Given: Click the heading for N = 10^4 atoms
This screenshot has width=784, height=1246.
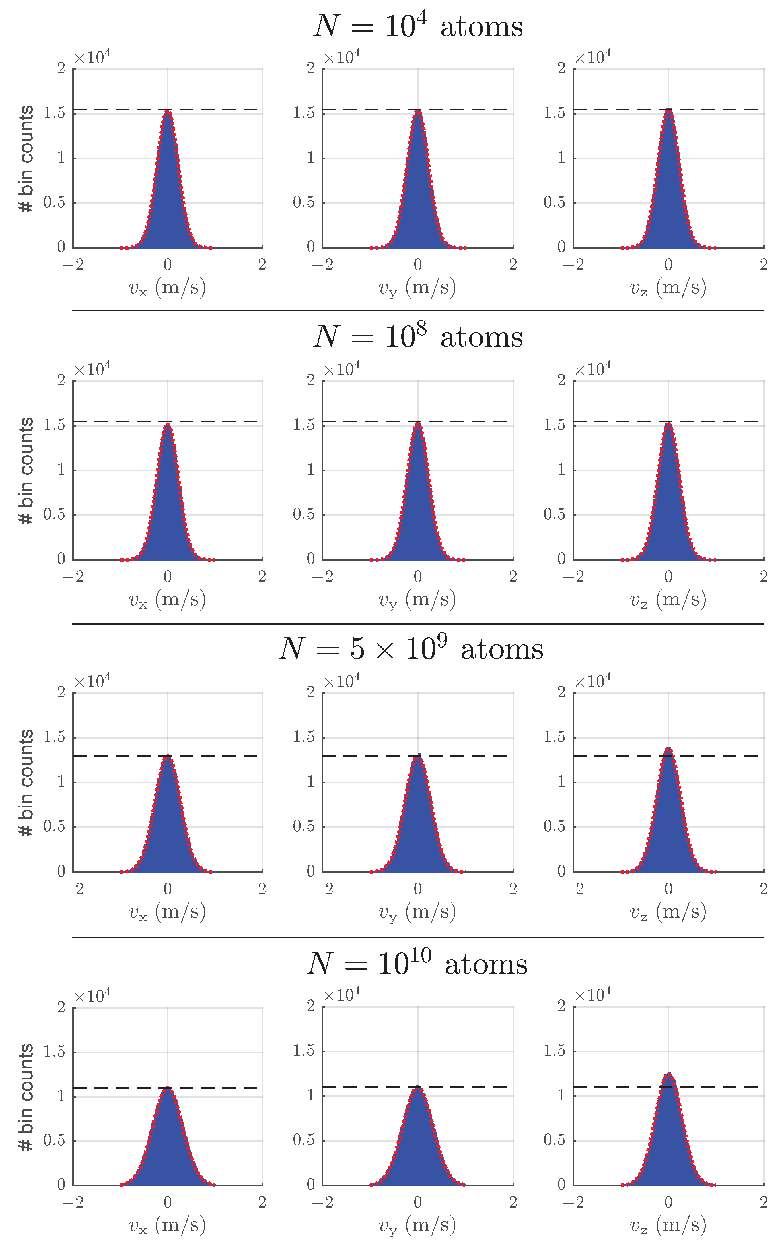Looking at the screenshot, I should [x=418, y=26].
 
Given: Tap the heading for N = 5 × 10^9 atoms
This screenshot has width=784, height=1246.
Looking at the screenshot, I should [x=411, y=648].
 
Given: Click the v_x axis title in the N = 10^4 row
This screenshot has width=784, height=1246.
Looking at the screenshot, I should [x=167, y=288].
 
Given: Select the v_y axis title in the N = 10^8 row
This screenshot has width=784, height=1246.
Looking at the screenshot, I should [x=417, y=600].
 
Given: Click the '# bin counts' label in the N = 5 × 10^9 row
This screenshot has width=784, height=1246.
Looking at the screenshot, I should [x=26, y=782].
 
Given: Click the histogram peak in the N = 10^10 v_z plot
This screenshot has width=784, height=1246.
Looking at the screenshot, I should [x=668, y=1074].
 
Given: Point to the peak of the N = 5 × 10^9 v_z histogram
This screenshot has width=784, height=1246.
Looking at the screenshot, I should [x=668, y=748].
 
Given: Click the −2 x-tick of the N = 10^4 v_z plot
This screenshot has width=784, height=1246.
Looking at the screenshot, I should [x=573, y=265].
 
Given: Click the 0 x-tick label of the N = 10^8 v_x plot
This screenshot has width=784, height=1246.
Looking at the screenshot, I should [x=167, y=576].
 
